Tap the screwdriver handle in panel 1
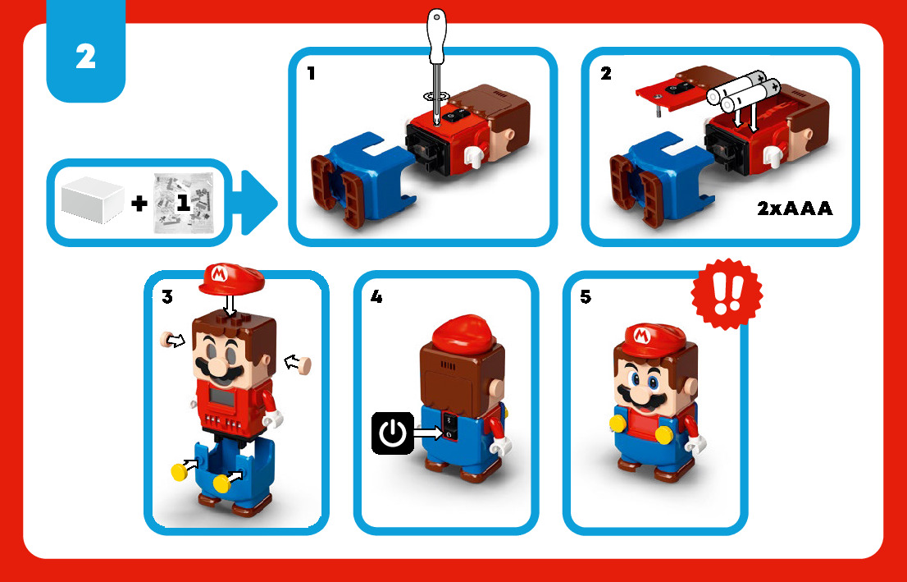click(x=436, y=36)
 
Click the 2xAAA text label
click(x=795, y=209)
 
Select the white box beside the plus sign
click(x=93, y=200)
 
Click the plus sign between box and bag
click(x=139, y=204)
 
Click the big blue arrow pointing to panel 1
click(x=258, y=203)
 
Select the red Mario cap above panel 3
click(x=231, y=279)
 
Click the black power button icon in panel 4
click(x=393, y=433)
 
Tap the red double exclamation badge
click(x=727, y=294)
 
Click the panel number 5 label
click(x=586, y=297)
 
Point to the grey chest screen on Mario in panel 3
click(x=223, y=397)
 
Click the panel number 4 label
click(x=376, y=297)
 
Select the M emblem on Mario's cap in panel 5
click(x=642, y=335)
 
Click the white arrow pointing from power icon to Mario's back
click(x=429, y=432)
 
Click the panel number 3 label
click(x=167, y=297)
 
